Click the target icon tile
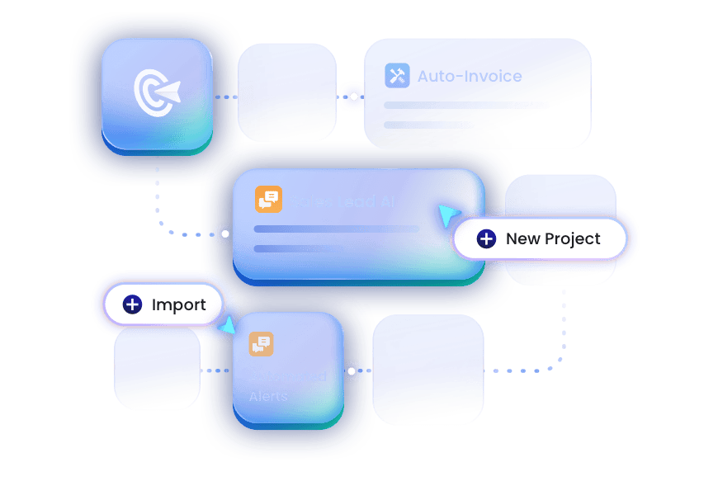pos(157,96)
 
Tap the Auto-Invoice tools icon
pos(397,76)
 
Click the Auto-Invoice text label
pos(470,76)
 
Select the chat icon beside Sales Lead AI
pos(268,200)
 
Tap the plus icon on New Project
pos(487,239)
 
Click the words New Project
pos(553,239)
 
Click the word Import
pos(179,305)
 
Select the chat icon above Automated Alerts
pos(262,344)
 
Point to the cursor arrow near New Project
pos(449,216)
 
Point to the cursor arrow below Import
pos(225,328)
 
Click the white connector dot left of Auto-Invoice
pos(354,97)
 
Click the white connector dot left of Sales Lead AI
pos(224,234)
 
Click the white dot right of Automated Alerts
pos(352,371)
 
